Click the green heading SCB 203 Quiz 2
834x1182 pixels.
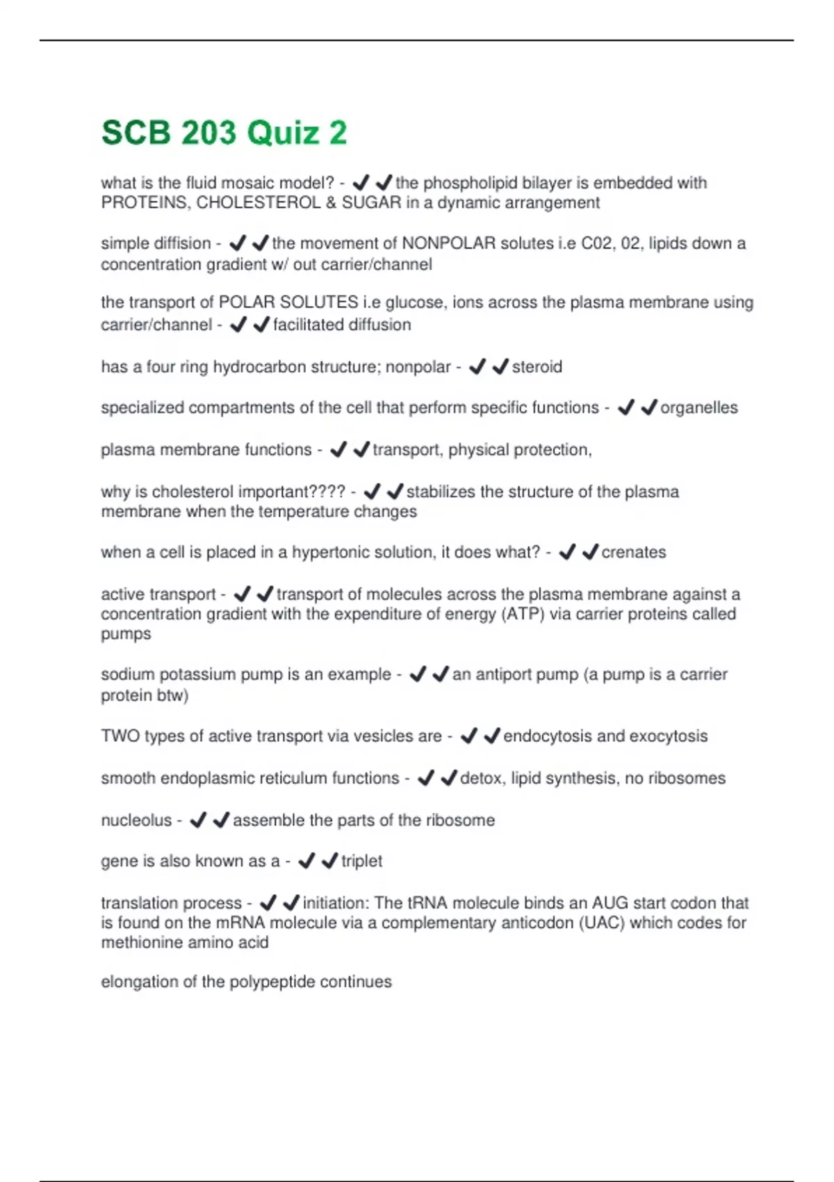224,133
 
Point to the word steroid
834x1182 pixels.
537,367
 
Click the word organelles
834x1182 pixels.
698,407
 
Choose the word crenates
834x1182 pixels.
633,552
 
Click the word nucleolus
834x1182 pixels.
136,820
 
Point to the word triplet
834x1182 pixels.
361,861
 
